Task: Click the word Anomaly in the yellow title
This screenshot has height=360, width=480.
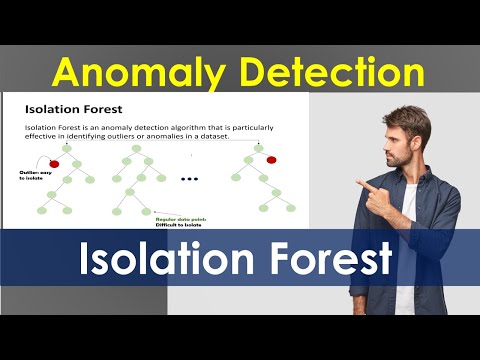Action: (136, 72)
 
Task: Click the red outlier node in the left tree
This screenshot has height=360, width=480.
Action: (54, 162)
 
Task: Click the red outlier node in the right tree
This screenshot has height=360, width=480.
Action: (270, 160)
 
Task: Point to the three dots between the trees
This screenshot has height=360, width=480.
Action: (189, 179)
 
